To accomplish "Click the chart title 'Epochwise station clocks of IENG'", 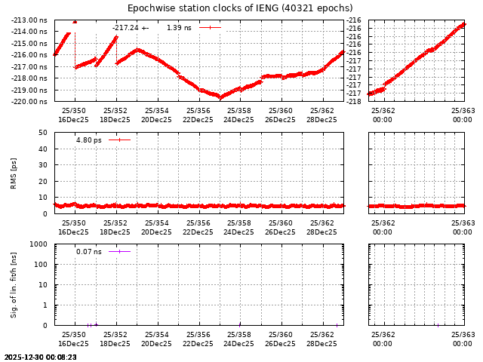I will tap(240, 8).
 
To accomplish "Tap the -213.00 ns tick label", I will tap(31, 20).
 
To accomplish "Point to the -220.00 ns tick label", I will tap(31, 101).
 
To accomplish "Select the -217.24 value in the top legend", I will tap(125, 28).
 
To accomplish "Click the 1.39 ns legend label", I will tap(179, 28).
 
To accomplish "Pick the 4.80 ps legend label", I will tap(88, 140).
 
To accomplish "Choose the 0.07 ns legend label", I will tap(88, 252).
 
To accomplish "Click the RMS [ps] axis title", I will tap(14, 173).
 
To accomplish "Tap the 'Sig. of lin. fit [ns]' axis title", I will tap(14, 284).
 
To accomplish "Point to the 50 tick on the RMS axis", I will tap(43, 133).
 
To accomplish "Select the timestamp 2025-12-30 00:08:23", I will tap(40, 357).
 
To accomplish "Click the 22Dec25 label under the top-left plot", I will tap(198, 120).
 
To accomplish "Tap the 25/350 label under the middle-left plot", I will tap(74, 223).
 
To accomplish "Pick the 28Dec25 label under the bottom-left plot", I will tap(321, 344).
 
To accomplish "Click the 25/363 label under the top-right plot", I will tap(463, 111).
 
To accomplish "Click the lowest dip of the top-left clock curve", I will tap(220, 97).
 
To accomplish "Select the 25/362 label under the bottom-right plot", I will tap(383, 335).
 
